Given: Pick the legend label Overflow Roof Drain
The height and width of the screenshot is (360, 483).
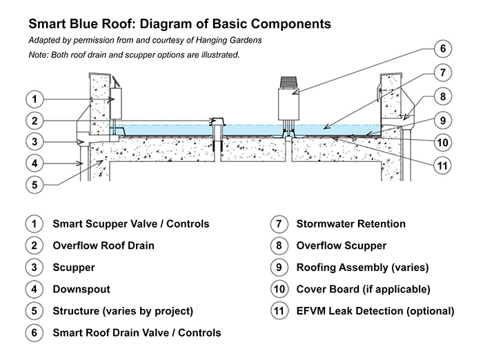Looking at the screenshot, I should [103, 245].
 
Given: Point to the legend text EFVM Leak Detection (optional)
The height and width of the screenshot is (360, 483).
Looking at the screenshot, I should [375, 310].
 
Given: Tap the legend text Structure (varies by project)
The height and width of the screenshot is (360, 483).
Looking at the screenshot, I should [123, 310].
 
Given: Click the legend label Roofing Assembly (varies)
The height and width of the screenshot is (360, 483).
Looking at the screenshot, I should [362, 267].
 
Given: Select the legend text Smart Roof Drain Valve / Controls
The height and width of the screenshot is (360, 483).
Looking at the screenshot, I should [137, 332].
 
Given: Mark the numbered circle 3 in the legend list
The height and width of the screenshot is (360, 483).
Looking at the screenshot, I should [32, 267].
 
